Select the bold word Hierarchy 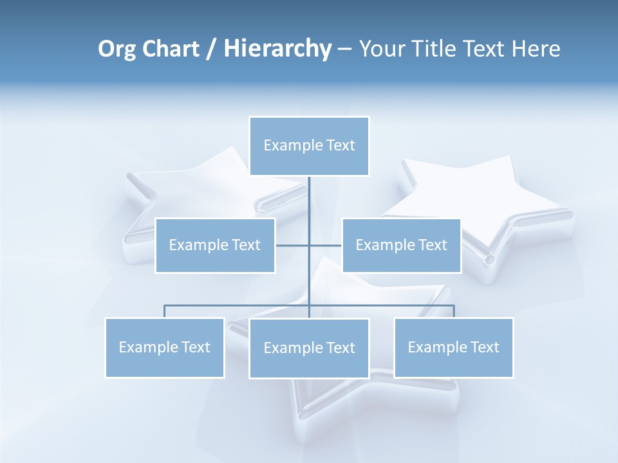point(277,49)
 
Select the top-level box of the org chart point(309,146)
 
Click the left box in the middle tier point(215,245)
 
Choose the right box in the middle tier point(402,245)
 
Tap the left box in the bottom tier point(165,347)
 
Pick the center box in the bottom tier point(309,348)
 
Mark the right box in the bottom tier point(454,347)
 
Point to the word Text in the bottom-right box point(485,347)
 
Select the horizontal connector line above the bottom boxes point(238,305)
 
